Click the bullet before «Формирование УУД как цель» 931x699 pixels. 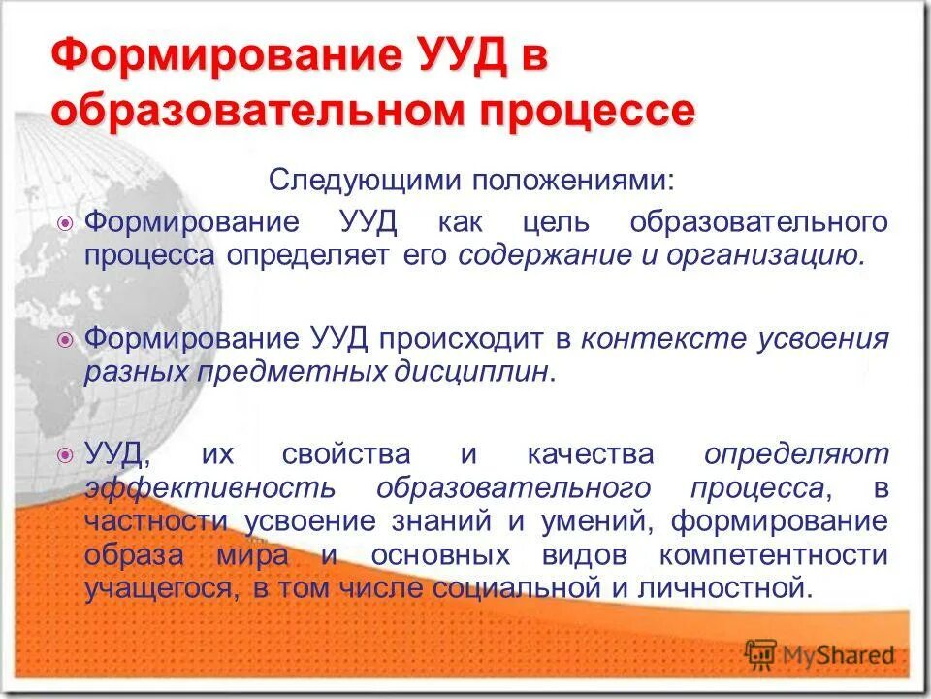pos(66,223)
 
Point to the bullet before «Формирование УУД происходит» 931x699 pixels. pos(66,340)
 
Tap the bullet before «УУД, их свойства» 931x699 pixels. pos(66,454)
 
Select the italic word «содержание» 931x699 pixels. pos(535,256)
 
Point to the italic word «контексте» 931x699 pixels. pos(652,339)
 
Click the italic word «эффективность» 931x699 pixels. pos(210,487)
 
